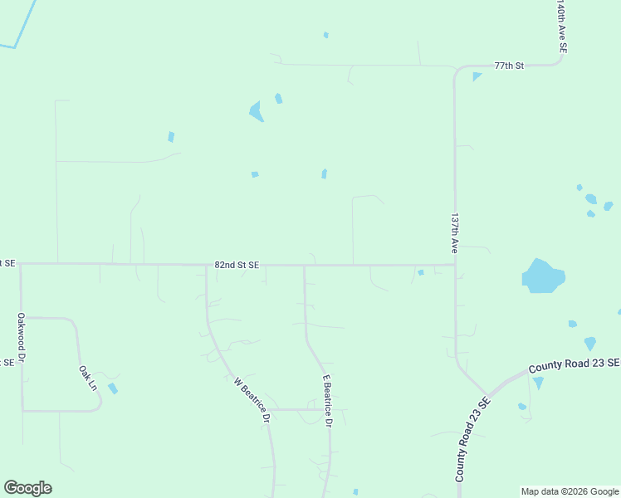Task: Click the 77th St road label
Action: pos(509,65)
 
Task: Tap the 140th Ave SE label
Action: pos(562,27)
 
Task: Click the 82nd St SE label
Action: pos(237,265)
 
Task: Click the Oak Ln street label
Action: pos(88,378)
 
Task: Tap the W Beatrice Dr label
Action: pos(252,401)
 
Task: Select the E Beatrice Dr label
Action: pos(327,400)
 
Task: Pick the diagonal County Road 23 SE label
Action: pos(472,440)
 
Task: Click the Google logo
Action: pos(27,488)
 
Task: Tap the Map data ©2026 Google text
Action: pos(570,491)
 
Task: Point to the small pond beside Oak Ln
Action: pos(112,388)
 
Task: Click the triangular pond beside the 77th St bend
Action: pos(477,76)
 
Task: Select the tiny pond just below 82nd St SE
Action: pos(421,272)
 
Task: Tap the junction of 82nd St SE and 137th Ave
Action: pos(455,266)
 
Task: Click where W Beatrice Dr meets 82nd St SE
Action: pos(207,266)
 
